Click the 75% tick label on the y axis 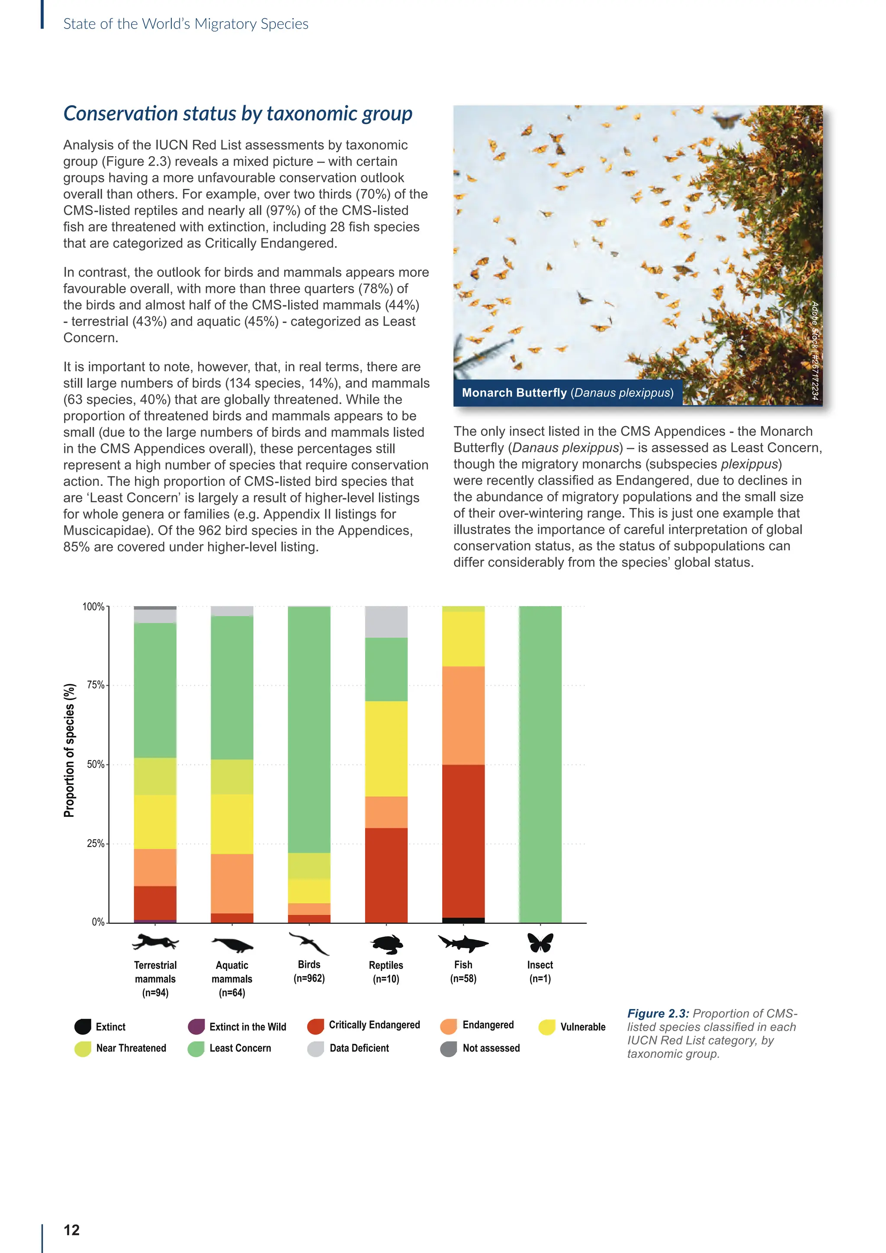(x=96, y=685)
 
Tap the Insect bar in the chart (x=540, y=764)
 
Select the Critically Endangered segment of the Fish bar (x=463, y=840)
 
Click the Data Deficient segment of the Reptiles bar (x=386, y=622)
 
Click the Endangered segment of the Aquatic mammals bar (x=232, y=883)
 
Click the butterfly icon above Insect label (x=540, y=942)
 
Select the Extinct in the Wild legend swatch (x=196, y=1027)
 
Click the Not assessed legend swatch (x=449, y=1048)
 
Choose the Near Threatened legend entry (x=131, y=1048)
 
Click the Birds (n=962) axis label (x=309, y=971)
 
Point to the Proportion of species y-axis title (x=69, y=750)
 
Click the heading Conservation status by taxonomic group (x=238, y=113)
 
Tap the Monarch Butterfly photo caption (x=568, y=392)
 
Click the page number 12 (x=71, y=1230)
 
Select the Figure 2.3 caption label (x=658, y=1013)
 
